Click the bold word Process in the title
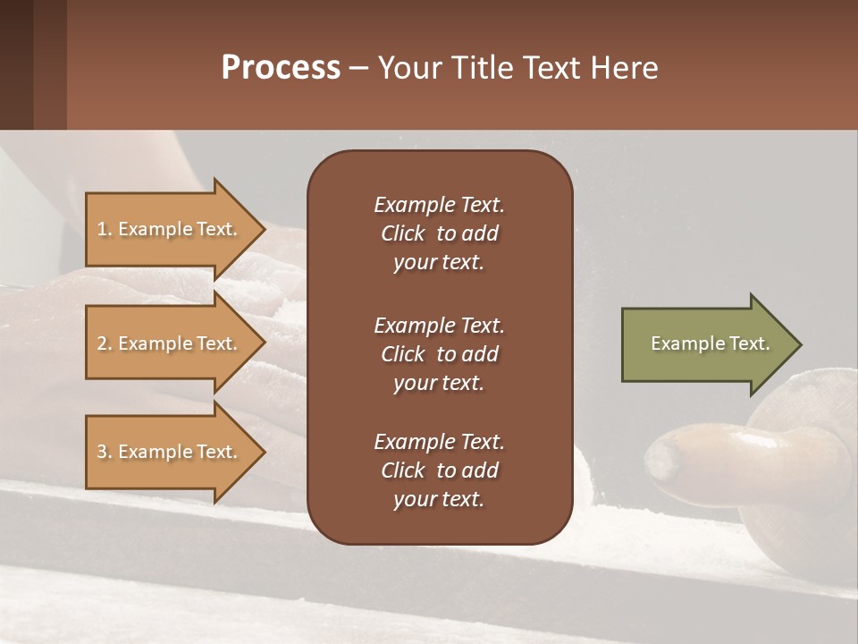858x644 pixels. (x=281, y=68)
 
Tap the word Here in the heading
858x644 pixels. (x=623, y=68)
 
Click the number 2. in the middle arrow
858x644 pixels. (x=105, y=343)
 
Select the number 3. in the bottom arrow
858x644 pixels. (x=105, y=452)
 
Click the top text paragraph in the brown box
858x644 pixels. (x=439, y=233)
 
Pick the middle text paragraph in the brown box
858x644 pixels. (x=439, y=354)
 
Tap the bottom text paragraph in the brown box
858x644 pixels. (x=439, y=470)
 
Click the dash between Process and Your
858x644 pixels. (x=358, y=70)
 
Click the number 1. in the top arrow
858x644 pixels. (x=105, y=229)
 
